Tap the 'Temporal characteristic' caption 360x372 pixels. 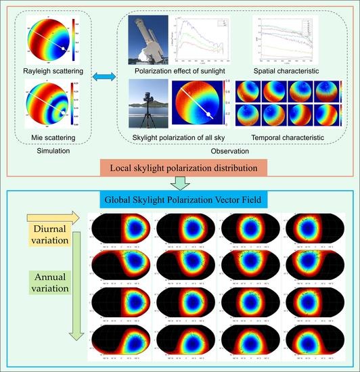click(292, 138)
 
